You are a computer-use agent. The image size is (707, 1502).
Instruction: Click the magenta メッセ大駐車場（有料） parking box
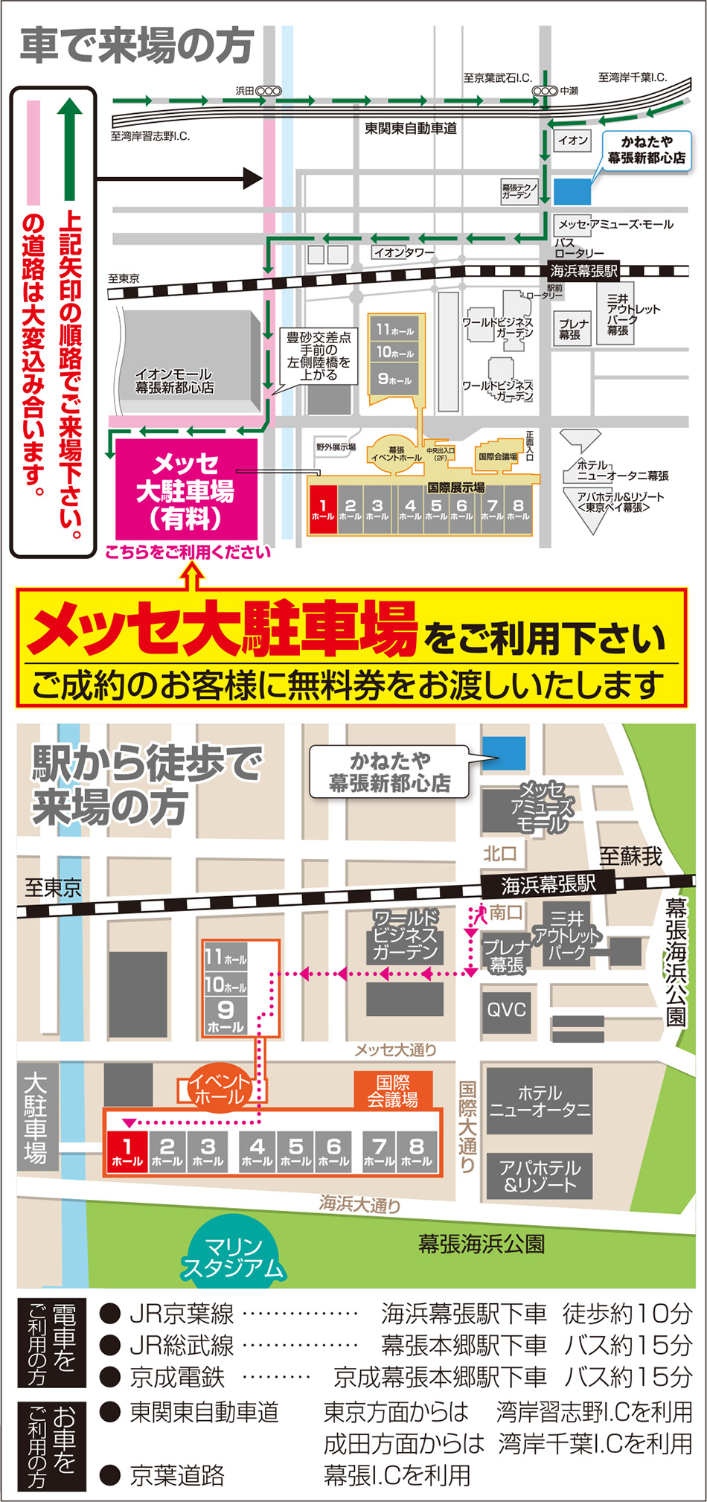pos(186,490)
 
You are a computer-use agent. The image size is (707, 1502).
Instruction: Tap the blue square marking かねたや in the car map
pos(572,191)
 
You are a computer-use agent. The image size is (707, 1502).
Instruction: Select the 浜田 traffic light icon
pos(269,91)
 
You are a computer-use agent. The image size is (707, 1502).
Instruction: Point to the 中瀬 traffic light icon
pos(545,91)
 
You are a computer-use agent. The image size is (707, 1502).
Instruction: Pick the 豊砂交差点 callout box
pos(319,357)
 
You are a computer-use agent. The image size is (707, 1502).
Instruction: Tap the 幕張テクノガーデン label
pos(518,191)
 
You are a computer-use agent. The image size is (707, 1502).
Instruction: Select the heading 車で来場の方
pos(137,46)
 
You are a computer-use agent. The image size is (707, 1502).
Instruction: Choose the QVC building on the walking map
pos(506,1010)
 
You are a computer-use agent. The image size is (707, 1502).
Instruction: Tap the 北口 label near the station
pos(499,853)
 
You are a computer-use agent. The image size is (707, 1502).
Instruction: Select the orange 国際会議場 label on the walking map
pos(392,1090)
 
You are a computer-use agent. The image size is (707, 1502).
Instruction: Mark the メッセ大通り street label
pos(395,1049)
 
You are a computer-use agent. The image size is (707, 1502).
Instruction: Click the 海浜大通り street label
pos(360,1203)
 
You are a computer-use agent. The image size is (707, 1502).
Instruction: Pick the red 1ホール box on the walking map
pos(127,1151)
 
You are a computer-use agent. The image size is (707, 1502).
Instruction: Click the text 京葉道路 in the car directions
pos(177,1475)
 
